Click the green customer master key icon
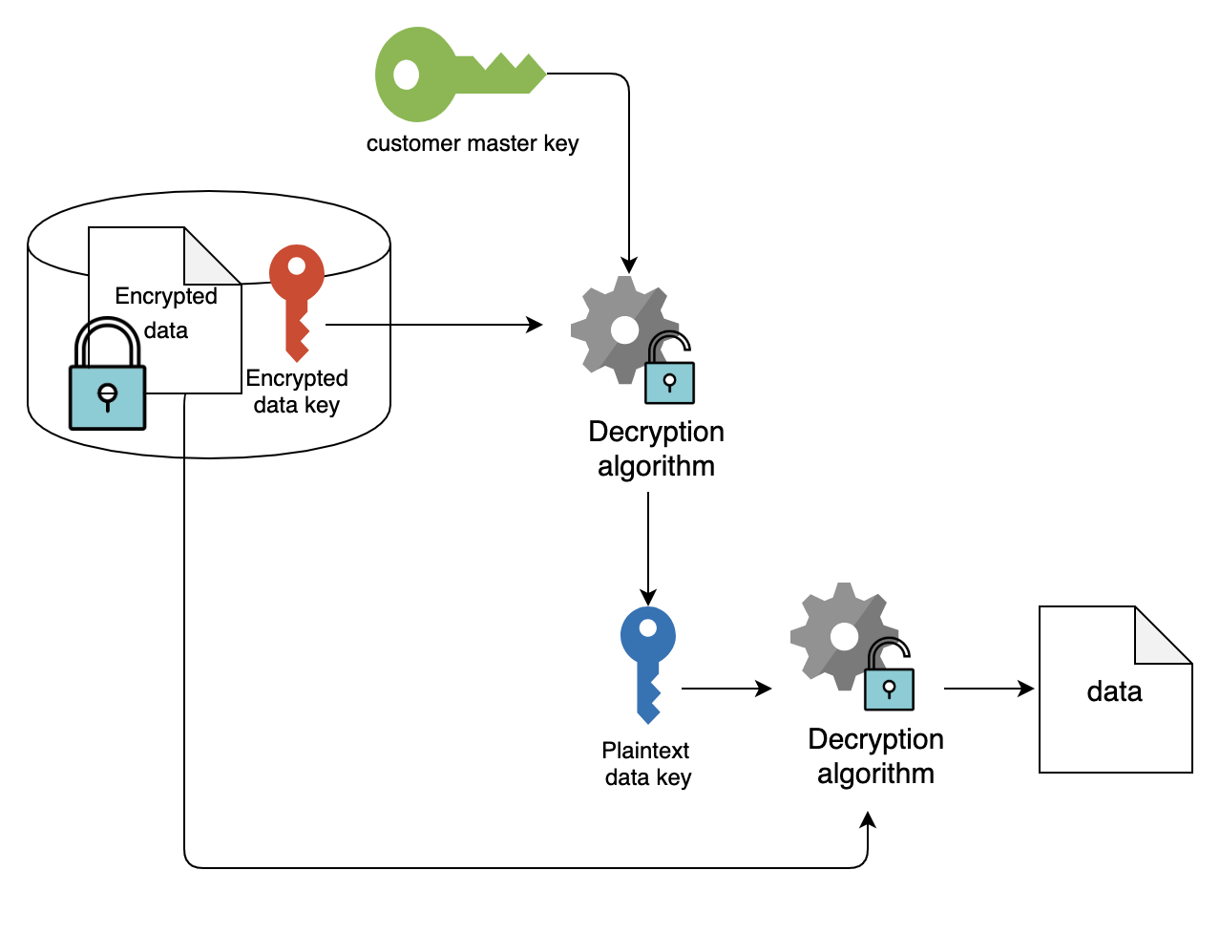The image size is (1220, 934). coord(460,74)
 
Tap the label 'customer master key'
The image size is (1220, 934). coord(473,144)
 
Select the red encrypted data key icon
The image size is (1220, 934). coord(297,303)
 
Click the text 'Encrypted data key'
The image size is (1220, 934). coord(297,392)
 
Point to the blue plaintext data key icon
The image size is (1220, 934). coord(648,665)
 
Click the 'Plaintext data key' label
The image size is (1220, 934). coord(647,763)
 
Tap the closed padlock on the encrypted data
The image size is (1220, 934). coord(107,373)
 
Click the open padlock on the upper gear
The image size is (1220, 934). coord(669,368)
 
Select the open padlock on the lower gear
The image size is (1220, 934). coord(889,674)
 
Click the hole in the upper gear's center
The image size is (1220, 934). coord(624,330)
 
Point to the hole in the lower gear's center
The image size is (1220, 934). coord(844,637)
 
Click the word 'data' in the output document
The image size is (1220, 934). coord(1114,692)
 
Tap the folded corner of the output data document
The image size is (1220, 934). coord(1164,635)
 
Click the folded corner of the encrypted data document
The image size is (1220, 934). coord(213,256)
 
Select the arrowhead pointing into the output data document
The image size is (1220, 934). coord(1026,689)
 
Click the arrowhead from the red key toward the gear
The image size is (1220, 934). coord(535,325)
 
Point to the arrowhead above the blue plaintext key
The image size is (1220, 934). coord(648,597)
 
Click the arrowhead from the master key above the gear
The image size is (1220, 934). coord(629,265)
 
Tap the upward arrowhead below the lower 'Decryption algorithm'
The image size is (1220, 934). coord(868,820)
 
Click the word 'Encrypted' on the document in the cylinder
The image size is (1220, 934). coord(166,296)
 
